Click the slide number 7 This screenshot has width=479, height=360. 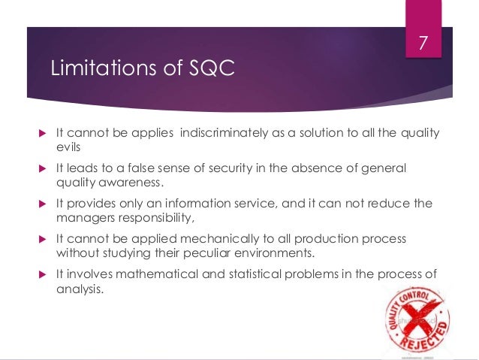(x=422, y=44)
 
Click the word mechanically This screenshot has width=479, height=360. (x=217, y=238)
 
